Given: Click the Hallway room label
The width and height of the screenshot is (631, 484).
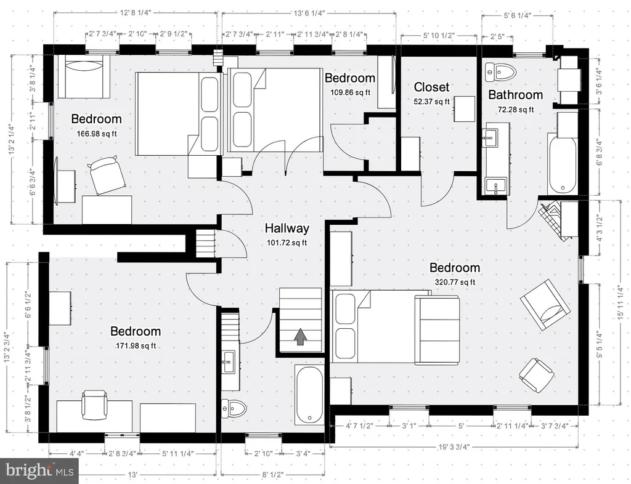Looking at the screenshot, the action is tap(287, 228).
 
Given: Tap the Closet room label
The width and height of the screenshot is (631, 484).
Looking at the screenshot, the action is tap(431, 87).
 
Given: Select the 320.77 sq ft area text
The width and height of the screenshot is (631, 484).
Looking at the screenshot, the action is tap(455, 282).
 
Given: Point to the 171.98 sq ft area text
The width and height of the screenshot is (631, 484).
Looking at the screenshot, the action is tap(136, 345).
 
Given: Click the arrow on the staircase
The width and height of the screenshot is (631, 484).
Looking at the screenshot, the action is tap(300, 337).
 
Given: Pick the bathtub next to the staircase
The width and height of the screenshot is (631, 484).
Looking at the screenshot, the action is tap(309, 395).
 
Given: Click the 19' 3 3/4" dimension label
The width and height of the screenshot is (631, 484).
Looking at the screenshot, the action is tap(454, 446).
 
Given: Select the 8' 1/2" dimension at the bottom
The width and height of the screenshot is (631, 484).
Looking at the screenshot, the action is tap(273, 475).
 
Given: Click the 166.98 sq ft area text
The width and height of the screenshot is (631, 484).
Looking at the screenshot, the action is tap(97, 134).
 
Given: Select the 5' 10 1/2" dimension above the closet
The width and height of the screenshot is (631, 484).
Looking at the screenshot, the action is tap(439, 35).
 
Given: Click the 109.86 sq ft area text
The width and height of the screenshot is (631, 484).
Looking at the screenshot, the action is tap(351, 92).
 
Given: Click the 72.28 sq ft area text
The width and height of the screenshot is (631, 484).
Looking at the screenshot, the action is tap(516, 110).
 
